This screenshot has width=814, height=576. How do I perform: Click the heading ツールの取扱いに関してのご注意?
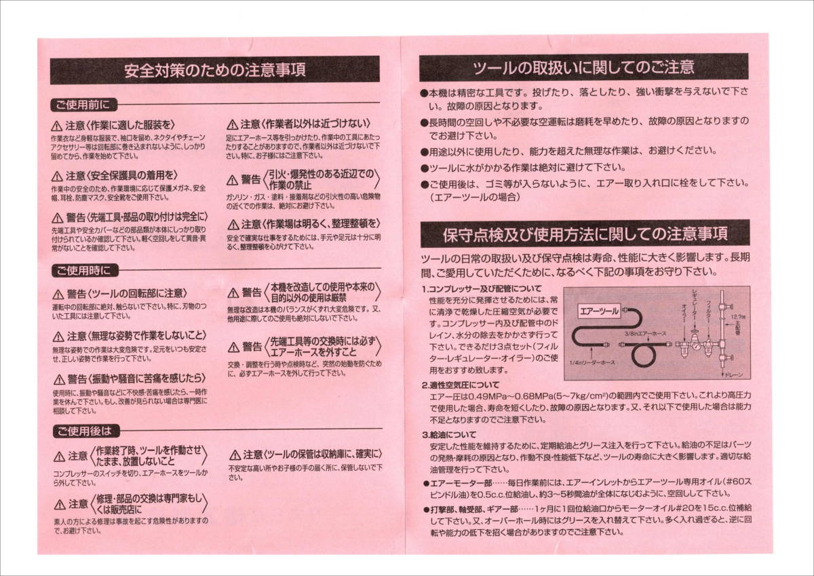tap(583, 67)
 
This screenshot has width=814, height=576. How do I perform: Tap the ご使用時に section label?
tap(82, 270)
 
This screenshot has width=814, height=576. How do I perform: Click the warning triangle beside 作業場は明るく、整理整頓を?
tap(233, 224)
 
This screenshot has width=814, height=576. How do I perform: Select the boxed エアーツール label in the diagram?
tap(598, 312)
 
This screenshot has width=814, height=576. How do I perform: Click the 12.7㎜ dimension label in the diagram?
tap(739, 317)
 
